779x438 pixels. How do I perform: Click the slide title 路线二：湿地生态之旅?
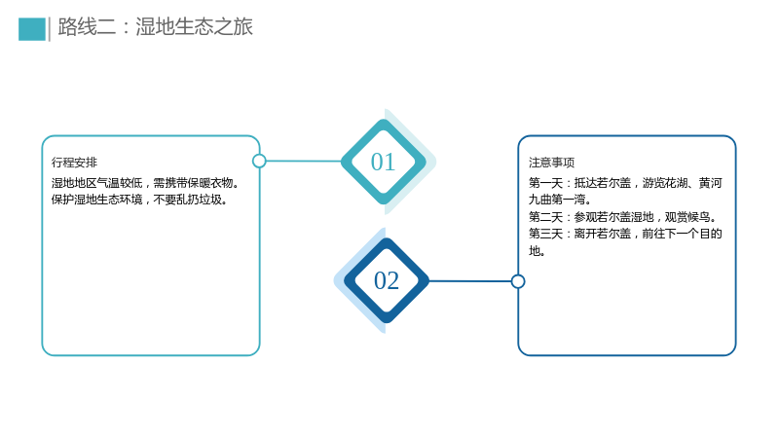156,27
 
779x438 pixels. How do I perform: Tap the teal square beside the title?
32,29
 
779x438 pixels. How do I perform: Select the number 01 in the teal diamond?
383,162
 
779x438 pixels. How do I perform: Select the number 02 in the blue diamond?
387,280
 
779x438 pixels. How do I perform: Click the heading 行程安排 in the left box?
75,163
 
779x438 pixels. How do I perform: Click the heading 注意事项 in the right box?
551,163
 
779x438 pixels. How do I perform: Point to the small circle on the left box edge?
259,161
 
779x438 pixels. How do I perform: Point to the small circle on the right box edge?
518,281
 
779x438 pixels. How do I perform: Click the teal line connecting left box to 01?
304,161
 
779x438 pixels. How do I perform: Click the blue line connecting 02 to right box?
470,281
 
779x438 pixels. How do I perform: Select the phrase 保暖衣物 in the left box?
210,183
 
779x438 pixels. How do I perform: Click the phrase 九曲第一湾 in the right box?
557,200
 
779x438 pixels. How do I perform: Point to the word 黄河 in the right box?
711,183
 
